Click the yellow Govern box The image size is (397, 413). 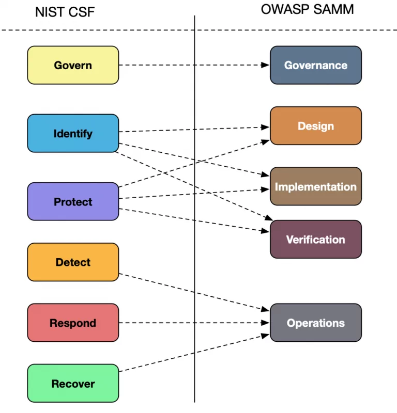tap(73, 65)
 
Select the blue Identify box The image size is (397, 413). tap(73, 133)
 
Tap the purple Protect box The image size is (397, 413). tap(73, 201)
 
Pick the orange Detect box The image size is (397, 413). tap(73, 262)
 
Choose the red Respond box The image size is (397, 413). tap(73, 323)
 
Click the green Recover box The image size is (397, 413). tap(73, 384)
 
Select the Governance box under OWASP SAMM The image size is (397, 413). tap(315, 65)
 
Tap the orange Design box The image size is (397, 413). tap(315, 126)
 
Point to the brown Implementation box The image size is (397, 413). tap(315, 186)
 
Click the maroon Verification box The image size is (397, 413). tap(315, 239)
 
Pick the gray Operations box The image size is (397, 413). tap(315, 323)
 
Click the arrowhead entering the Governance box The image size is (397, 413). tap(266, 65)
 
